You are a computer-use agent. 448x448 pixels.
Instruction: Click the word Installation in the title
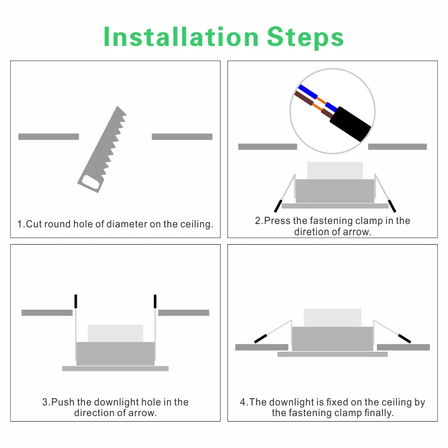[181, 36]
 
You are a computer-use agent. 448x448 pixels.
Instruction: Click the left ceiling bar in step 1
[49, 137]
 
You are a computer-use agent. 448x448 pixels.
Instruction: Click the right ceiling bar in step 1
[182, 137]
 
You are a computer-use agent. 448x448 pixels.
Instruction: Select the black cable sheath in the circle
[351, 124]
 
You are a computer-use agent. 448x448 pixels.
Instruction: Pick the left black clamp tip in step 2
[278, 206]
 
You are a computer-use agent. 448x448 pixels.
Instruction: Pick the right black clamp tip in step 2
[392, 206]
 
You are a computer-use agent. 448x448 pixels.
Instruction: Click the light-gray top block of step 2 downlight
[335, 171]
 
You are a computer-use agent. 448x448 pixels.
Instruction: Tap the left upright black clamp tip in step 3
[76, 301]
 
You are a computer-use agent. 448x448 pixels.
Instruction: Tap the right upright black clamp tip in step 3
[155, 301]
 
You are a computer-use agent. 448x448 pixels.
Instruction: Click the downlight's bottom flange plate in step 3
[115, 368]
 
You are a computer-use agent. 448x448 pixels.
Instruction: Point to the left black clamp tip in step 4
[260, 339]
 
